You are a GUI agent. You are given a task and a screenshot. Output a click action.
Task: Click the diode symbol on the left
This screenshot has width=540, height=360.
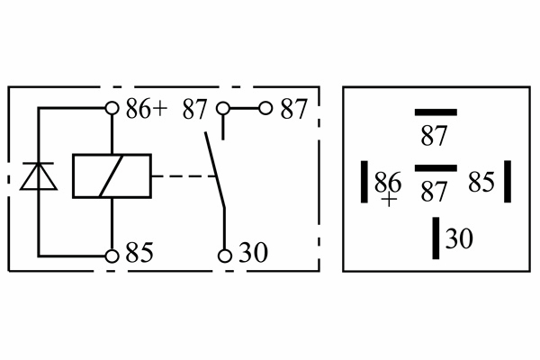pos(39,176)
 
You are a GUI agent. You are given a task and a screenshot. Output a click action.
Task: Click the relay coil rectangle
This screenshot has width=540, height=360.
pos(112,175)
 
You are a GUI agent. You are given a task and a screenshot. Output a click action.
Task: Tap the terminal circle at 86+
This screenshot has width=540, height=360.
pos(112,109)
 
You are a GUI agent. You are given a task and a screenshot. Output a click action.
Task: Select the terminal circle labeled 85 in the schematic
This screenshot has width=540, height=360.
pos(112,256)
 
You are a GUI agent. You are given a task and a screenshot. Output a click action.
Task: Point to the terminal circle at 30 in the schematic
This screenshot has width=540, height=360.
pos(224,256)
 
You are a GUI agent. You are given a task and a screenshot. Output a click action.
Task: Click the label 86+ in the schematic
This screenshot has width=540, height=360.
pos(146,110)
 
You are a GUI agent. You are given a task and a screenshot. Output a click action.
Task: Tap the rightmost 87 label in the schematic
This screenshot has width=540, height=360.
pos(293,110)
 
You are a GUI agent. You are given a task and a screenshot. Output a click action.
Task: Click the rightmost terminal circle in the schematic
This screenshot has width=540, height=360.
pos(265,109)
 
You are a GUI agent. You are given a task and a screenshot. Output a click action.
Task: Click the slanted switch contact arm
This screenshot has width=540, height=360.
pos(214,171)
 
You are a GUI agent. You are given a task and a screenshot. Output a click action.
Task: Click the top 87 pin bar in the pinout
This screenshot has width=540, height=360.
pos(436,112)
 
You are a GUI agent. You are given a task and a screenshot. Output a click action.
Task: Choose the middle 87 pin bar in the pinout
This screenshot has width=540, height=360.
pos(436,168)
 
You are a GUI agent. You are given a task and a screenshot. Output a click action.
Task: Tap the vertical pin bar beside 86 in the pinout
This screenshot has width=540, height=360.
pos(365,182)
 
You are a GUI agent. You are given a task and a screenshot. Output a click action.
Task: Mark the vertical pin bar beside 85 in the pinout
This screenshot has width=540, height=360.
pos(508,182)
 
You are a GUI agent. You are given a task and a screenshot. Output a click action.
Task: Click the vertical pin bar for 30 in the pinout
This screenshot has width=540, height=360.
pos(436,238)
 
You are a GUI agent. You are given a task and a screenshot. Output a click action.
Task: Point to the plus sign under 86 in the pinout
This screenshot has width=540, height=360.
pos(389,200)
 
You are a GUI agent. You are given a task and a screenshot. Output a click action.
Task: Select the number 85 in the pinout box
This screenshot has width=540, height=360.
pos(481,183)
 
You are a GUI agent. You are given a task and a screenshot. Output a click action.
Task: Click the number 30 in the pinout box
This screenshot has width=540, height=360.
pos(459,239)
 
